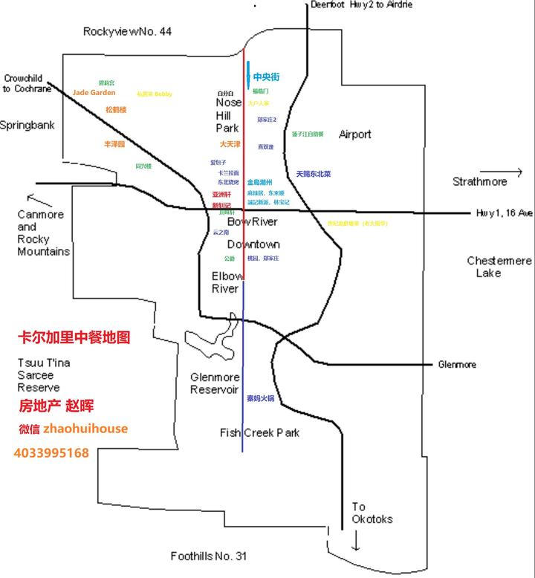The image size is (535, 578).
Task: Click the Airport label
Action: click(354, 134)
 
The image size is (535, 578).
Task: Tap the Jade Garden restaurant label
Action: click(94, 93)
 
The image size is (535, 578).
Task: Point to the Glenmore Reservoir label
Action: click(214, 383)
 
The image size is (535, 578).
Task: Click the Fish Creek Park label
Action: click(259, 432)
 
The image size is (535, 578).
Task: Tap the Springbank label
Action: click(27, 126)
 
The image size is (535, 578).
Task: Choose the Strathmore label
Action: click(479, 181)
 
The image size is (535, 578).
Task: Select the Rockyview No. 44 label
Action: click(127, 31)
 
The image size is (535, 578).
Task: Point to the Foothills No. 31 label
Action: click(208, 556)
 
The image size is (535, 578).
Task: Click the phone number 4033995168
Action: click(51, 452)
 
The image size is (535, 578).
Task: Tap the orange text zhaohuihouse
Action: click(85, 429)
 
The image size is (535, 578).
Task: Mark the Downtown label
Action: click(253, 244)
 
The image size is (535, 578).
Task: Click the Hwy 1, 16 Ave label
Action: click(505, 212)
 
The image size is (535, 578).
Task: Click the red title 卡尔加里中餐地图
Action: click(74, 337)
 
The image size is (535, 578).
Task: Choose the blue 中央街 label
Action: click(267, 77)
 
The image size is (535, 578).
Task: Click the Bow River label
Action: click(252, 222)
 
